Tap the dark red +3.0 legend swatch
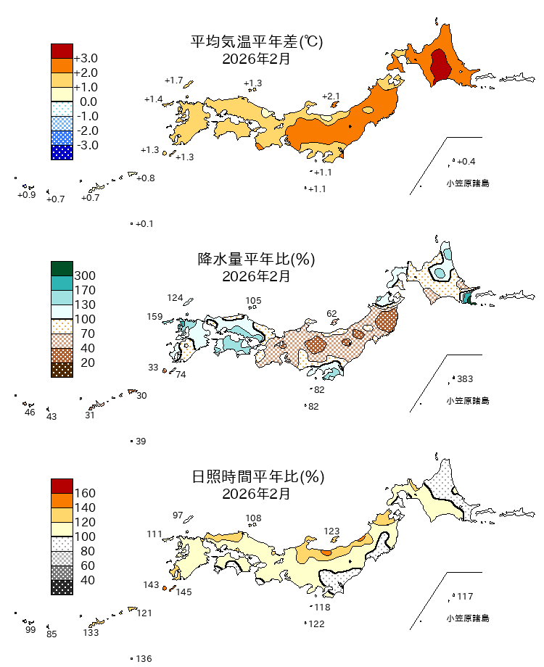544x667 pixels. point(62,51)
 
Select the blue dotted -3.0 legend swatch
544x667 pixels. point(62,152)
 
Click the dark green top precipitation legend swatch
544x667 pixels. point(62,268)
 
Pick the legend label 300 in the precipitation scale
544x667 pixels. point(85,276)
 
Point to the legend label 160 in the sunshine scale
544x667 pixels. point(85,494)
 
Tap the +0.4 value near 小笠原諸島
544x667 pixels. point(466,161)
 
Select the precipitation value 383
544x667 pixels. point(465,379)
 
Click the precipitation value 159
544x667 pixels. point(154,317)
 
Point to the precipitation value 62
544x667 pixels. point(332,314)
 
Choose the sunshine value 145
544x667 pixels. point(184,592)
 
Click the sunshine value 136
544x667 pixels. point(144,659)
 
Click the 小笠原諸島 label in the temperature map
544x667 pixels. point(467,183)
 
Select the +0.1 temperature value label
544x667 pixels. point(144,224)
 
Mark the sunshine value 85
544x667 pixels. point(51,635)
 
